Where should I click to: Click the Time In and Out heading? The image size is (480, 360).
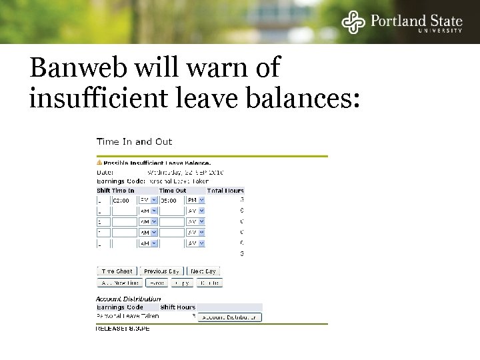(134, 141)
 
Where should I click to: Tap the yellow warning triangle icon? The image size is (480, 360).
(99, 162)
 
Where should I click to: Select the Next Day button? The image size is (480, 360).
(204, 271)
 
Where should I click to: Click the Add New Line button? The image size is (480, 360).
(120, 283)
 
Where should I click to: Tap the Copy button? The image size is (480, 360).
(181, 283)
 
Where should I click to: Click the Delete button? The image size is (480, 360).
(208, 283)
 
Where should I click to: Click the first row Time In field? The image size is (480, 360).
(123, 199)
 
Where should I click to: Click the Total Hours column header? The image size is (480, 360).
(225, 191)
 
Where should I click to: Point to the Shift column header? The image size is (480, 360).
(103, 191)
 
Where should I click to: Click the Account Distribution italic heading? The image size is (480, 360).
(129, 299)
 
